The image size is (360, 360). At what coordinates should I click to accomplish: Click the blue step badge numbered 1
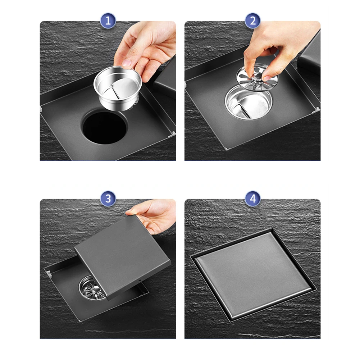tap(108, 21)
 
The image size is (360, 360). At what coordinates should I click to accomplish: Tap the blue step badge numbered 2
tap(252, 21)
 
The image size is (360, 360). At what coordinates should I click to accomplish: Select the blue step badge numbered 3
tap(108, 199)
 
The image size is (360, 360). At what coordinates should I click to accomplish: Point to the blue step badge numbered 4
tap(252, 199)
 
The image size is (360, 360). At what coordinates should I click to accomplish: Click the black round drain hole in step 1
tap(105, 127)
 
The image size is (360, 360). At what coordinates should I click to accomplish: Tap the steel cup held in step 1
tap(118, 88)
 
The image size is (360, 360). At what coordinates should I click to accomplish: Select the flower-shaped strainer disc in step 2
tap(257, 77)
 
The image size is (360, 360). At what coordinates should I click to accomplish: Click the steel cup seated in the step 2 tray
tap(249, 102)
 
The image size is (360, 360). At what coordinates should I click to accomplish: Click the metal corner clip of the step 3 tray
tap(48, 273)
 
